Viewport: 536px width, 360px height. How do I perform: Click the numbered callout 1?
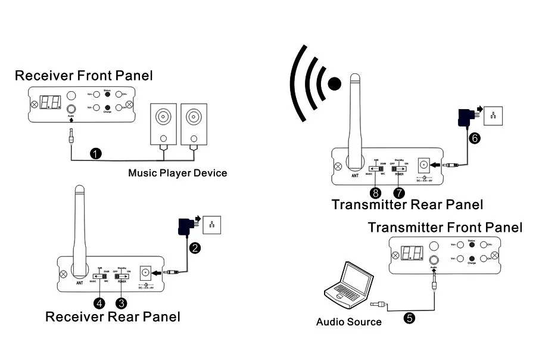95,154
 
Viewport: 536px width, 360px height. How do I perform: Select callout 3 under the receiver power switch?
122,303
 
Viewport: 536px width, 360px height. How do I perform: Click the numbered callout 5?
409,318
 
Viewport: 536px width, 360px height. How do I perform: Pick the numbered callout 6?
474,137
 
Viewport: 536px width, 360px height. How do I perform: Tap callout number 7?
399,193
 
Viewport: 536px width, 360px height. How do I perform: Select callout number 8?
375,193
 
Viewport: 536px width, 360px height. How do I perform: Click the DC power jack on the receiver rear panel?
145,272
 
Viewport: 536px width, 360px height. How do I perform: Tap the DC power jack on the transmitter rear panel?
424,163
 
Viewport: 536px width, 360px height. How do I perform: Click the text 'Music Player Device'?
177,173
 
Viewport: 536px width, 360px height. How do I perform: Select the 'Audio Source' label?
348,322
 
